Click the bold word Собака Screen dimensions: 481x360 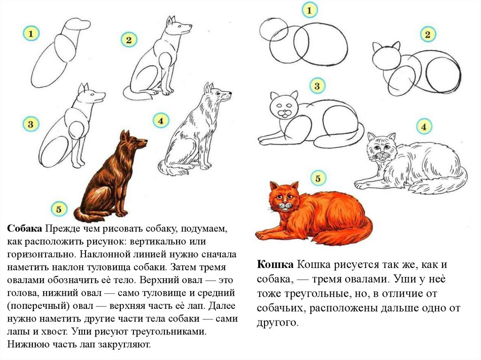tap(24, 229)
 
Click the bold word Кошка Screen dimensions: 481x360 tap(275, 264)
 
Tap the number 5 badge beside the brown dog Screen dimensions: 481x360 tap(59, 209)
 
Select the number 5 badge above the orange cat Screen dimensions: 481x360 tap(318, 178)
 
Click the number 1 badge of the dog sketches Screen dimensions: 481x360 tap(31, 33)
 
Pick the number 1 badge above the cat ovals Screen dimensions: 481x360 tap(309, 10)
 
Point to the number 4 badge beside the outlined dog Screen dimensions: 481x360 tap(161, 121)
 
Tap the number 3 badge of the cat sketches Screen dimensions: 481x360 tap(317, 86)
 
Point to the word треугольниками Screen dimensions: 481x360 tap(169, 332)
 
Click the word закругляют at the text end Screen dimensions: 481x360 tap(124, 345)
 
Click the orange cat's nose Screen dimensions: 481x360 tap(285, 204)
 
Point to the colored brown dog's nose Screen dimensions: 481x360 tap(145, 141)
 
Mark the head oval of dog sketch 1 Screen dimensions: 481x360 tap(77, 24)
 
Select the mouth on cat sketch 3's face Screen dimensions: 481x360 tap(285, 115)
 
